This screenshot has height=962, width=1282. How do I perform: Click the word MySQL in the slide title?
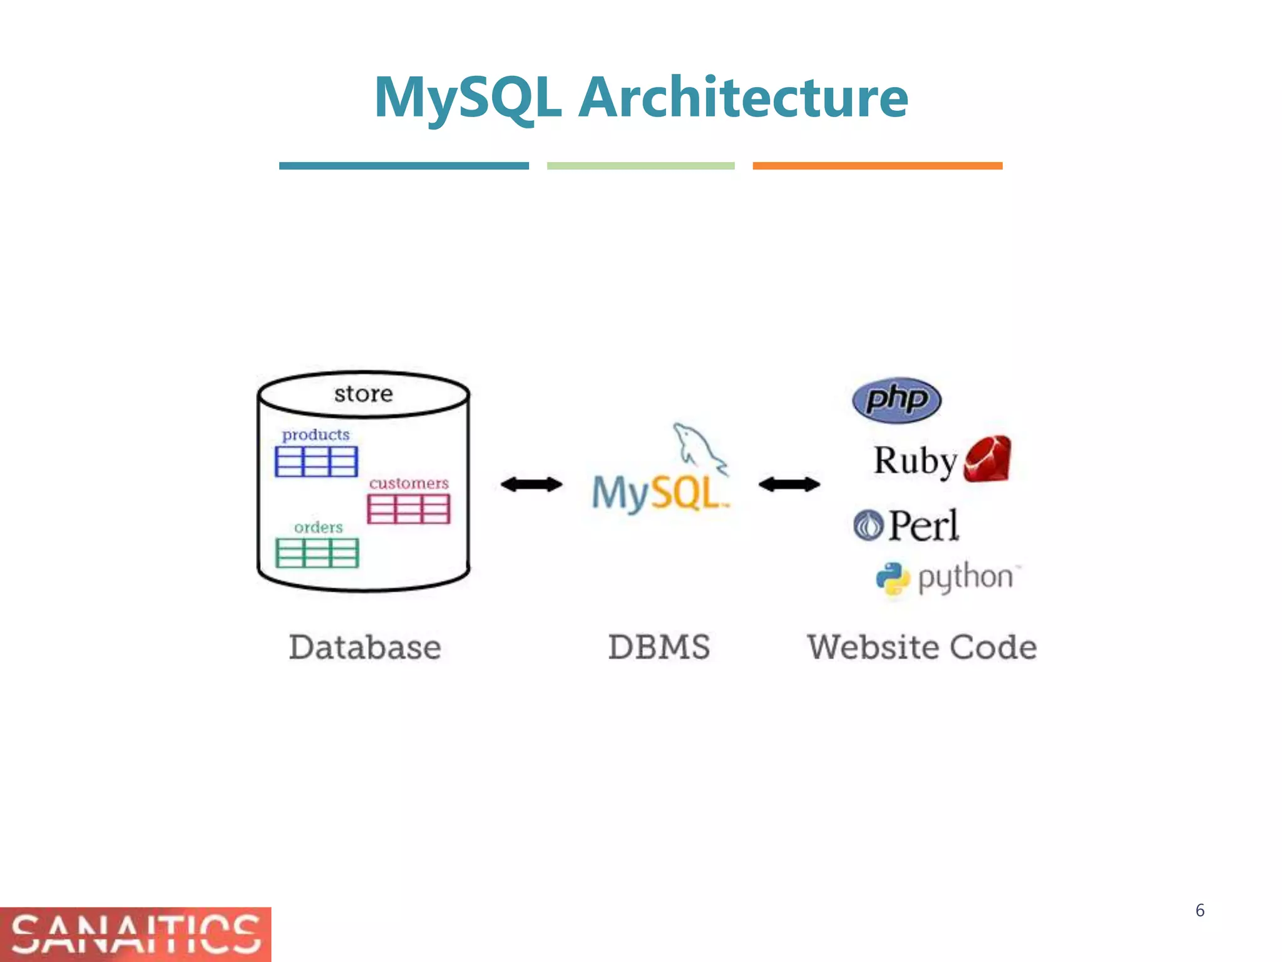coord(467,98)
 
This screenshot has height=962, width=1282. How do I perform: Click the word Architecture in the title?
coord(742,97)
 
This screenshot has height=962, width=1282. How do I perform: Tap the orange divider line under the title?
coord(877,166)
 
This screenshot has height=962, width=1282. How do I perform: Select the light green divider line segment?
coord(640,166)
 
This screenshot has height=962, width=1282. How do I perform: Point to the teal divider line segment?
coord(404,166)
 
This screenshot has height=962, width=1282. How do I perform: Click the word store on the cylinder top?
coord(363,394)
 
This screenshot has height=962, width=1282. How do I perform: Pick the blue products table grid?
coord(316,462)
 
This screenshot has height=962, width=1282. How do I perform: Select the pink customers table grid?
coord(408,509)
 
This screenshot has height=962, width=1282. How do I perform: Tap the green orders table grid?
coord(317,553)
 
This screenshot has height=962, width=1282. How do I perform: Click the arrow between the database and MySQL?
coord(531,484)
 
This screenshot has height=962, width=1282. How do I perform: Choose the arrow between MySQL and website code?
coord(789,484)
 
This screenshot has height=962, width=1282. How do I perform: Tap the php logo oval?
coord(896,400)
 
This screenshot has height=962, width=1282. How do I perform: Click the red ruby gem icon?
coord(987,459)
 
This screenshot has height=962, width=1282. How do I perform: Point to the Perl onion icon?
coord(868,525)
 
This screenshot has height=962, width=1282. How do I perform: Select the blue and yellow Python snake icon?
coord(893,579)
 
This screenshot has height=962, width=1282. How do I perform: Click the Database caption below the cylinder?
coord(365,647)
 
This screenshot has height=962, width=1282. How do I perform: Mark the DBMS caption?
coord(659,647)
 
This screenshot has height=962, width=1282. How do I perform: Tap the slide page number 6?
coord(1199,910)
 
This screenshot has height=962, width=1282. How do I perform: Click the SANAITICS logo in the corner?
coord(135,934)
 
